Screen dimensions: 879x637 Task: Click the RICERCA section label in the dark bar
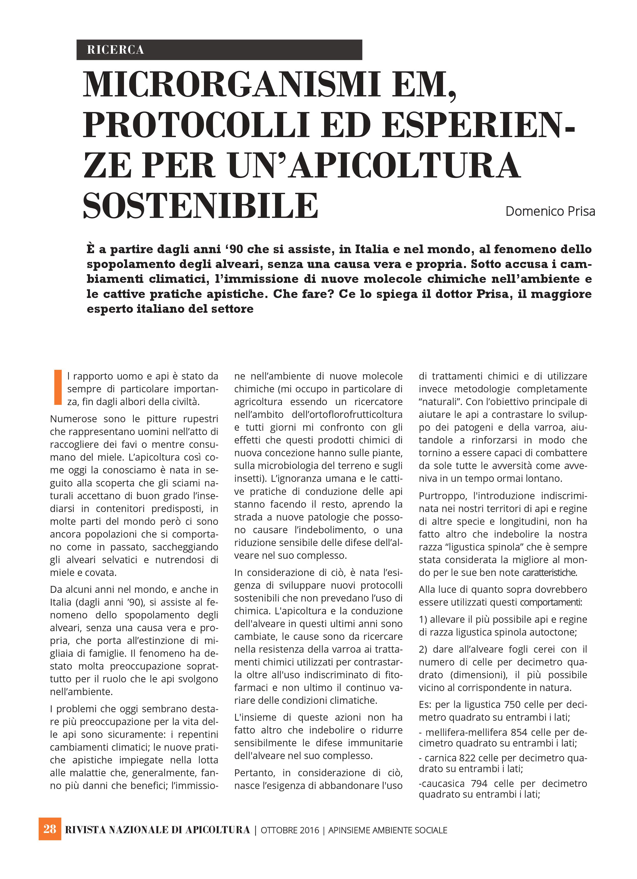point(116,50)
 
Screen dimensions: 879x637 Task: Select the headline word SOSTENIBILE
point(201,206)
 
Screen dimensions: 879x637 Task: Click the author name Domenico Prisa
point(550,212)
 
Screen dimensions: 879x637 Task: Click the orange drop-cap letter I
point(58,387)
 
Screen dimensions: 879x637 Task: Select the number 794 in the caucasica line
point(479,783)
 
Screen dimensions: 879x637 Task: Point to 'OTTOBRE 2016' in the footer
point(290,830)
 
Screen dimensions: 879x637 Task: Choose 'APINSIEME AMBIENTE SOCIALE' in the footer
point(388,830)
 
